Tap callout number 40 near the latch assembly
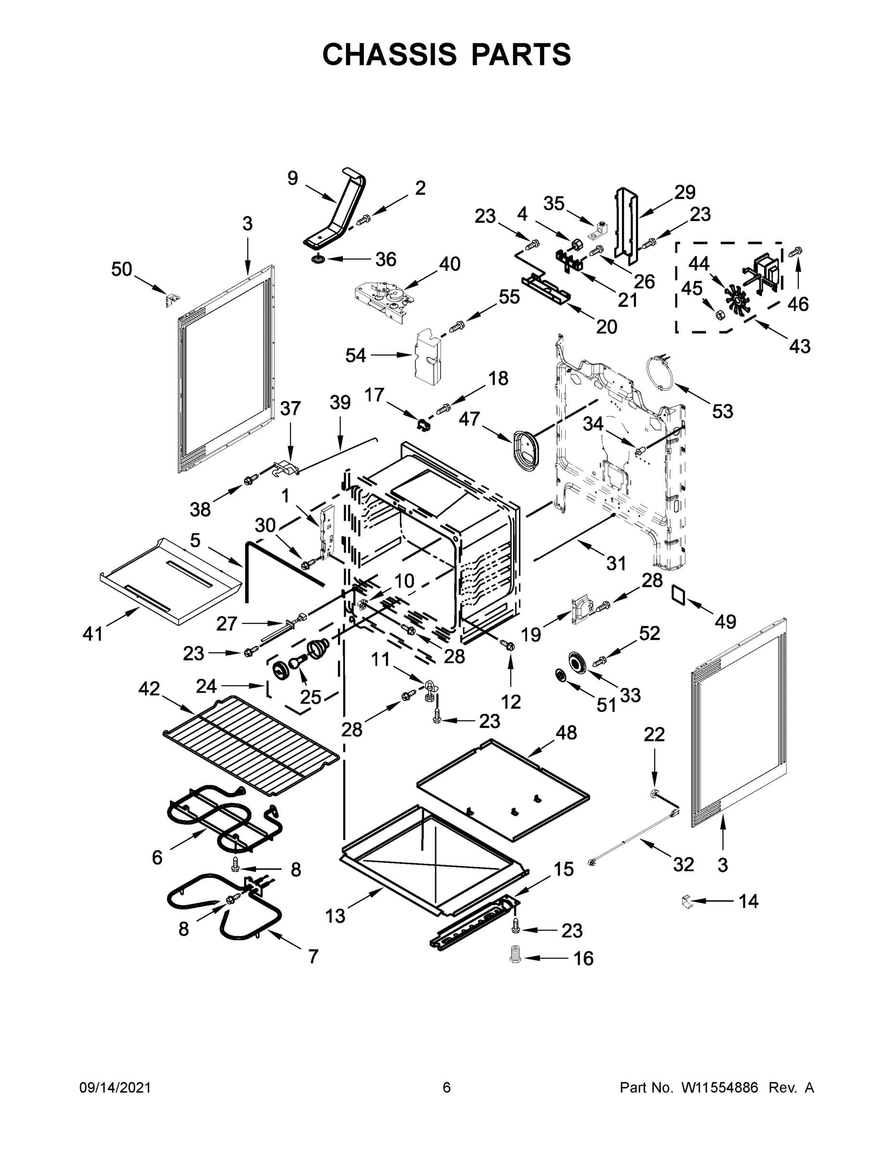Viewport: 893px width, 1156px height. pyautogui.click(x=450, y=263)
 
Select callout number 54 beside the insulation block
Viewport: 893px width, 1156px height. pyautogui.click(x=355, y=355)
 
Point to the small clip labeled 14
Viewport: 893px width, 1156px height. pyautogui.click(x=686, y=901)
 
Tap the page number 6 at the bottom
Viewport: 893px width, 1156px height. pyautogui.click(x=447, y=1087)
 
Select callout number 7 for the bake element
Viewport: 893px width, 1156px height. pyautogui.click(x=313, y=957)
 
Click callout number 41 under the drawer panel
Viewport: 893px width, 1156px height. pyautogui.click(x=92, y=633)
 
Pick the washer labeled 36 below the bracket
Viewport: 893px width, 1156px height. pyautogui.click(x=319, y=260)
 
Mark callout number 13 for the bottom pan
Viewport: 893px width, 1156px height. pyautogui.click(x=335, y=915)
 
